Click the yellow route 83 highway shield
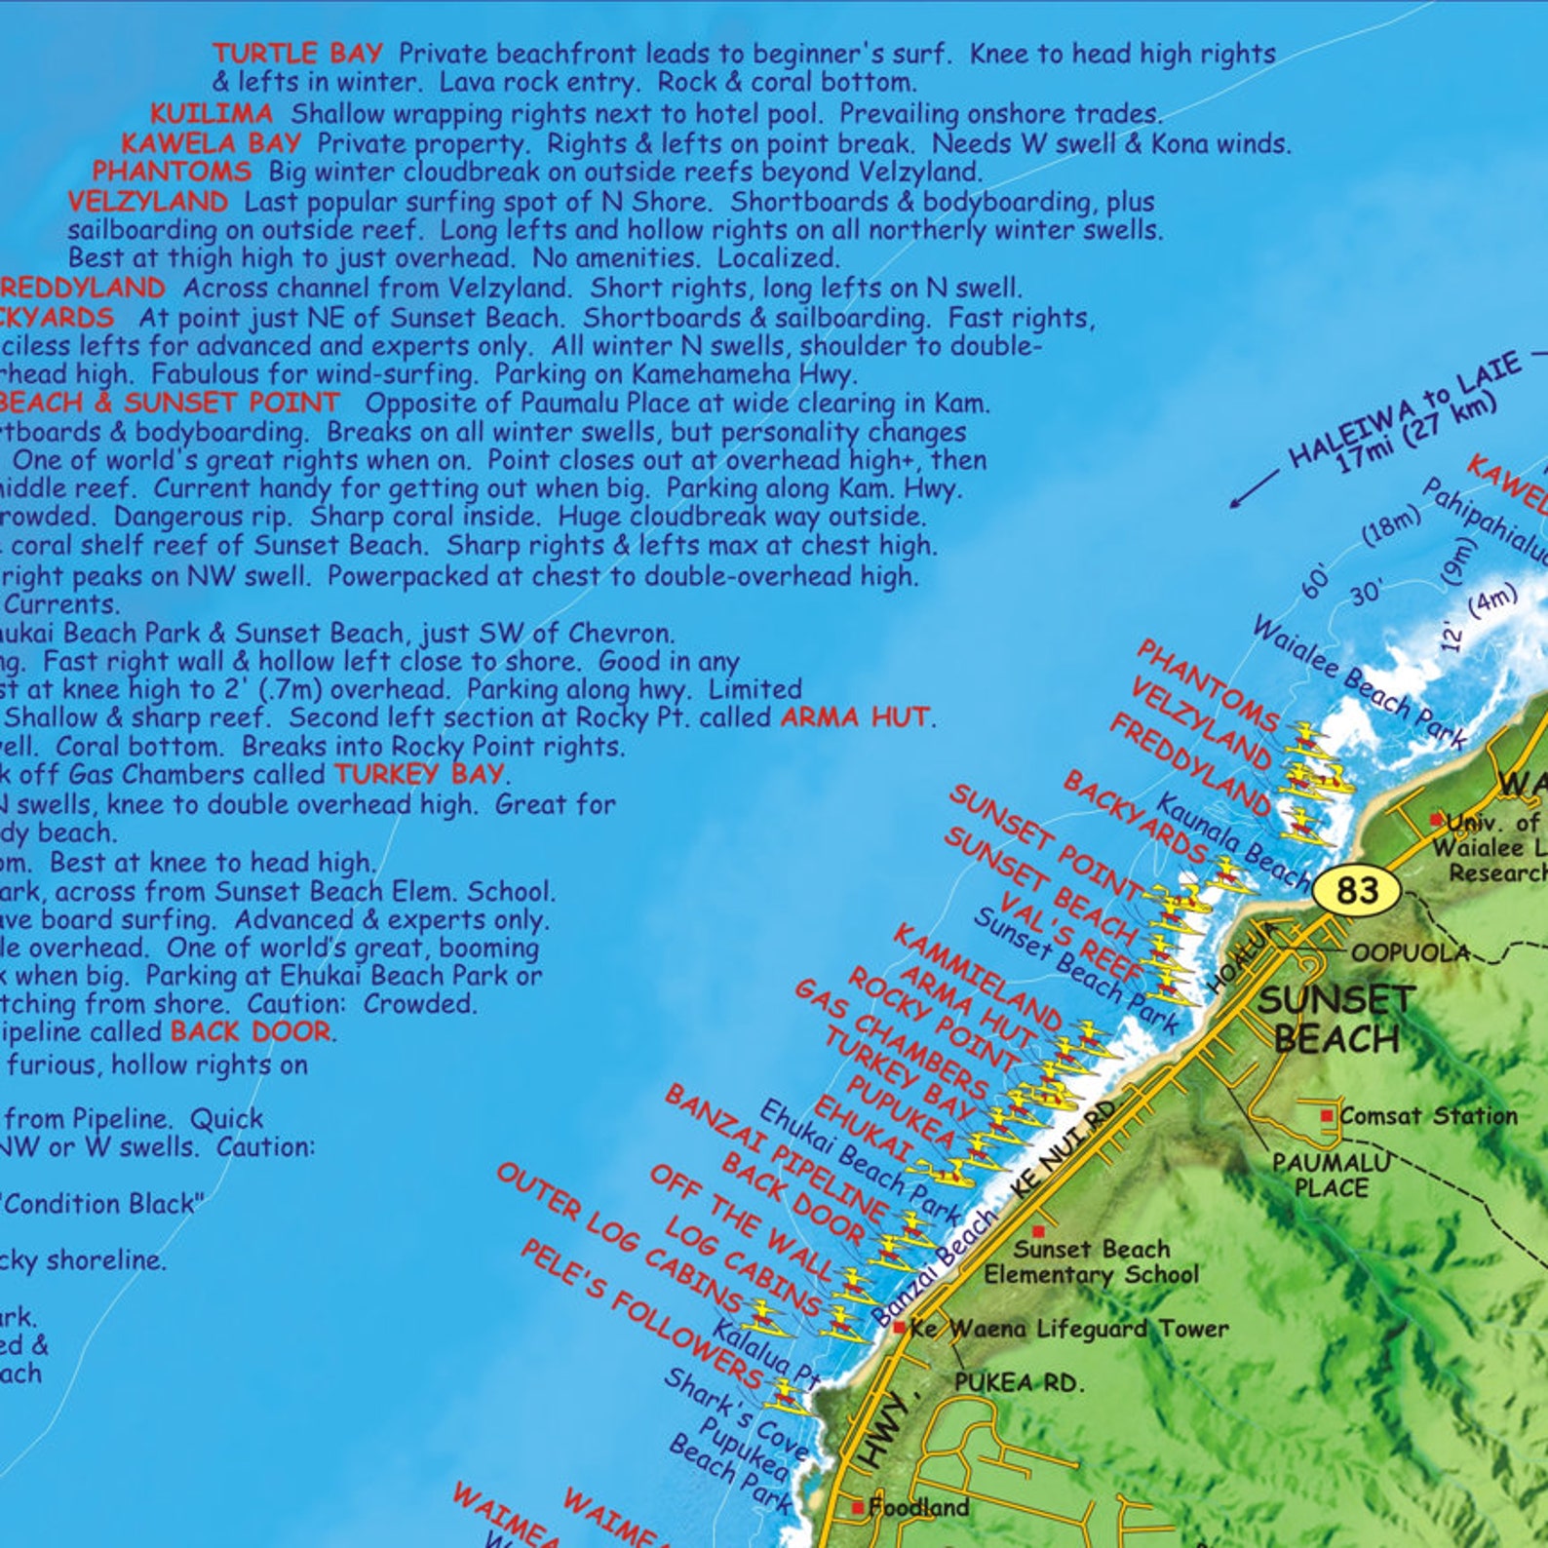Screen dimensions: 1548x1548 [1357, 889]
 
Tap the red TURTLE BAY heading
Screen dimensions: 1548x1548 [298, 53]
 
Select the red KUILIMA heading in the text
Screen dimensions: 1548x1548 [212, 113]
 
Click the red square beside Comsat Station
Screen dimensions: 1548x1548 [1327, 1115]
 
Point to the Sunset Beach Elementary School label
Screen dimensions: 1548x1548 [1091, 1261]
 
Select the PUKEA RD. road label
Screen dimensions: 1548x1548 [1018, 1382]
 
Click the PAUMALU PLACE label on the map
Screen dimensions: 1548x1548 [1332, 1175]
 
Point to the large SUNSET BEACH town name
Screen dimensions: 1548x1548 [1336, 1019]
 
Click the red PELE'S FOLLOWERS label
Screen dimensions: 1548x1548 [640, 1314]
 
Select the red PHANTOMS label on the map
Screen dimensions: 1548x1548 [1207, 685]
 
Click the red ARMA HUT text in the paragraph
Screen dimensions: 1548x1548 [855, 717]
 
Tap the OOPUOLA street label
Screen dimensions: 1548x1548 [1410, 952]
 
